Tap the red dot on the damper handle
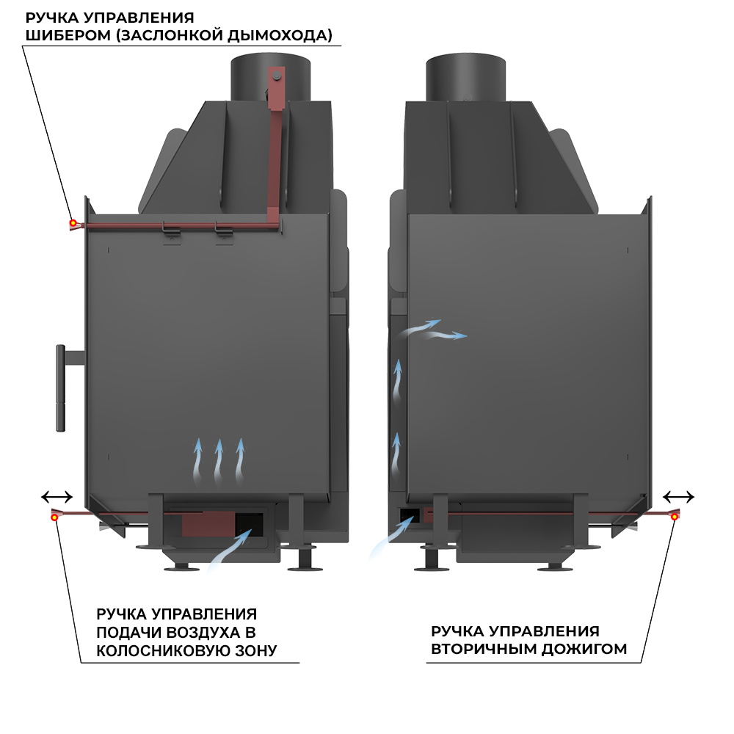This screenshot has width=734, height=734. [73, 222]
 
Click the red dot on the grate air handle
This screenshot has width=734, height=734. [55, 517]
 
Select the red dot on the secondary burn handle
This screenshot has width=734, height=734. [675, 517]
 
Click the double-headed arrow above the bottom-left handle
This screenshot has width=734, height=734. [57, 496]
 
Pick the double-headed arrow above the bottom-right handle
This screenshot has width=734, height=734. [678, 496]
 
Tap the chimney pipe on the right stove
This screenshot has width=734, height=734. [465, 76]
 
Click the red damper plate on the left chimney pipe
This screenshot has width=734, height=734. [276, 88]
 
